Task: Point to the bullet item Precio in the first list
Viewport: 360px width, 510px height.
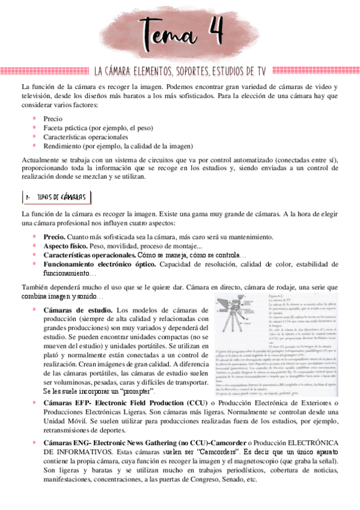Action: pos(53,118)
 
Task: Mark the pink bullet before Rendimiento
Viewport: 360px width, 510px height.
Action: pos(35,145)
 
